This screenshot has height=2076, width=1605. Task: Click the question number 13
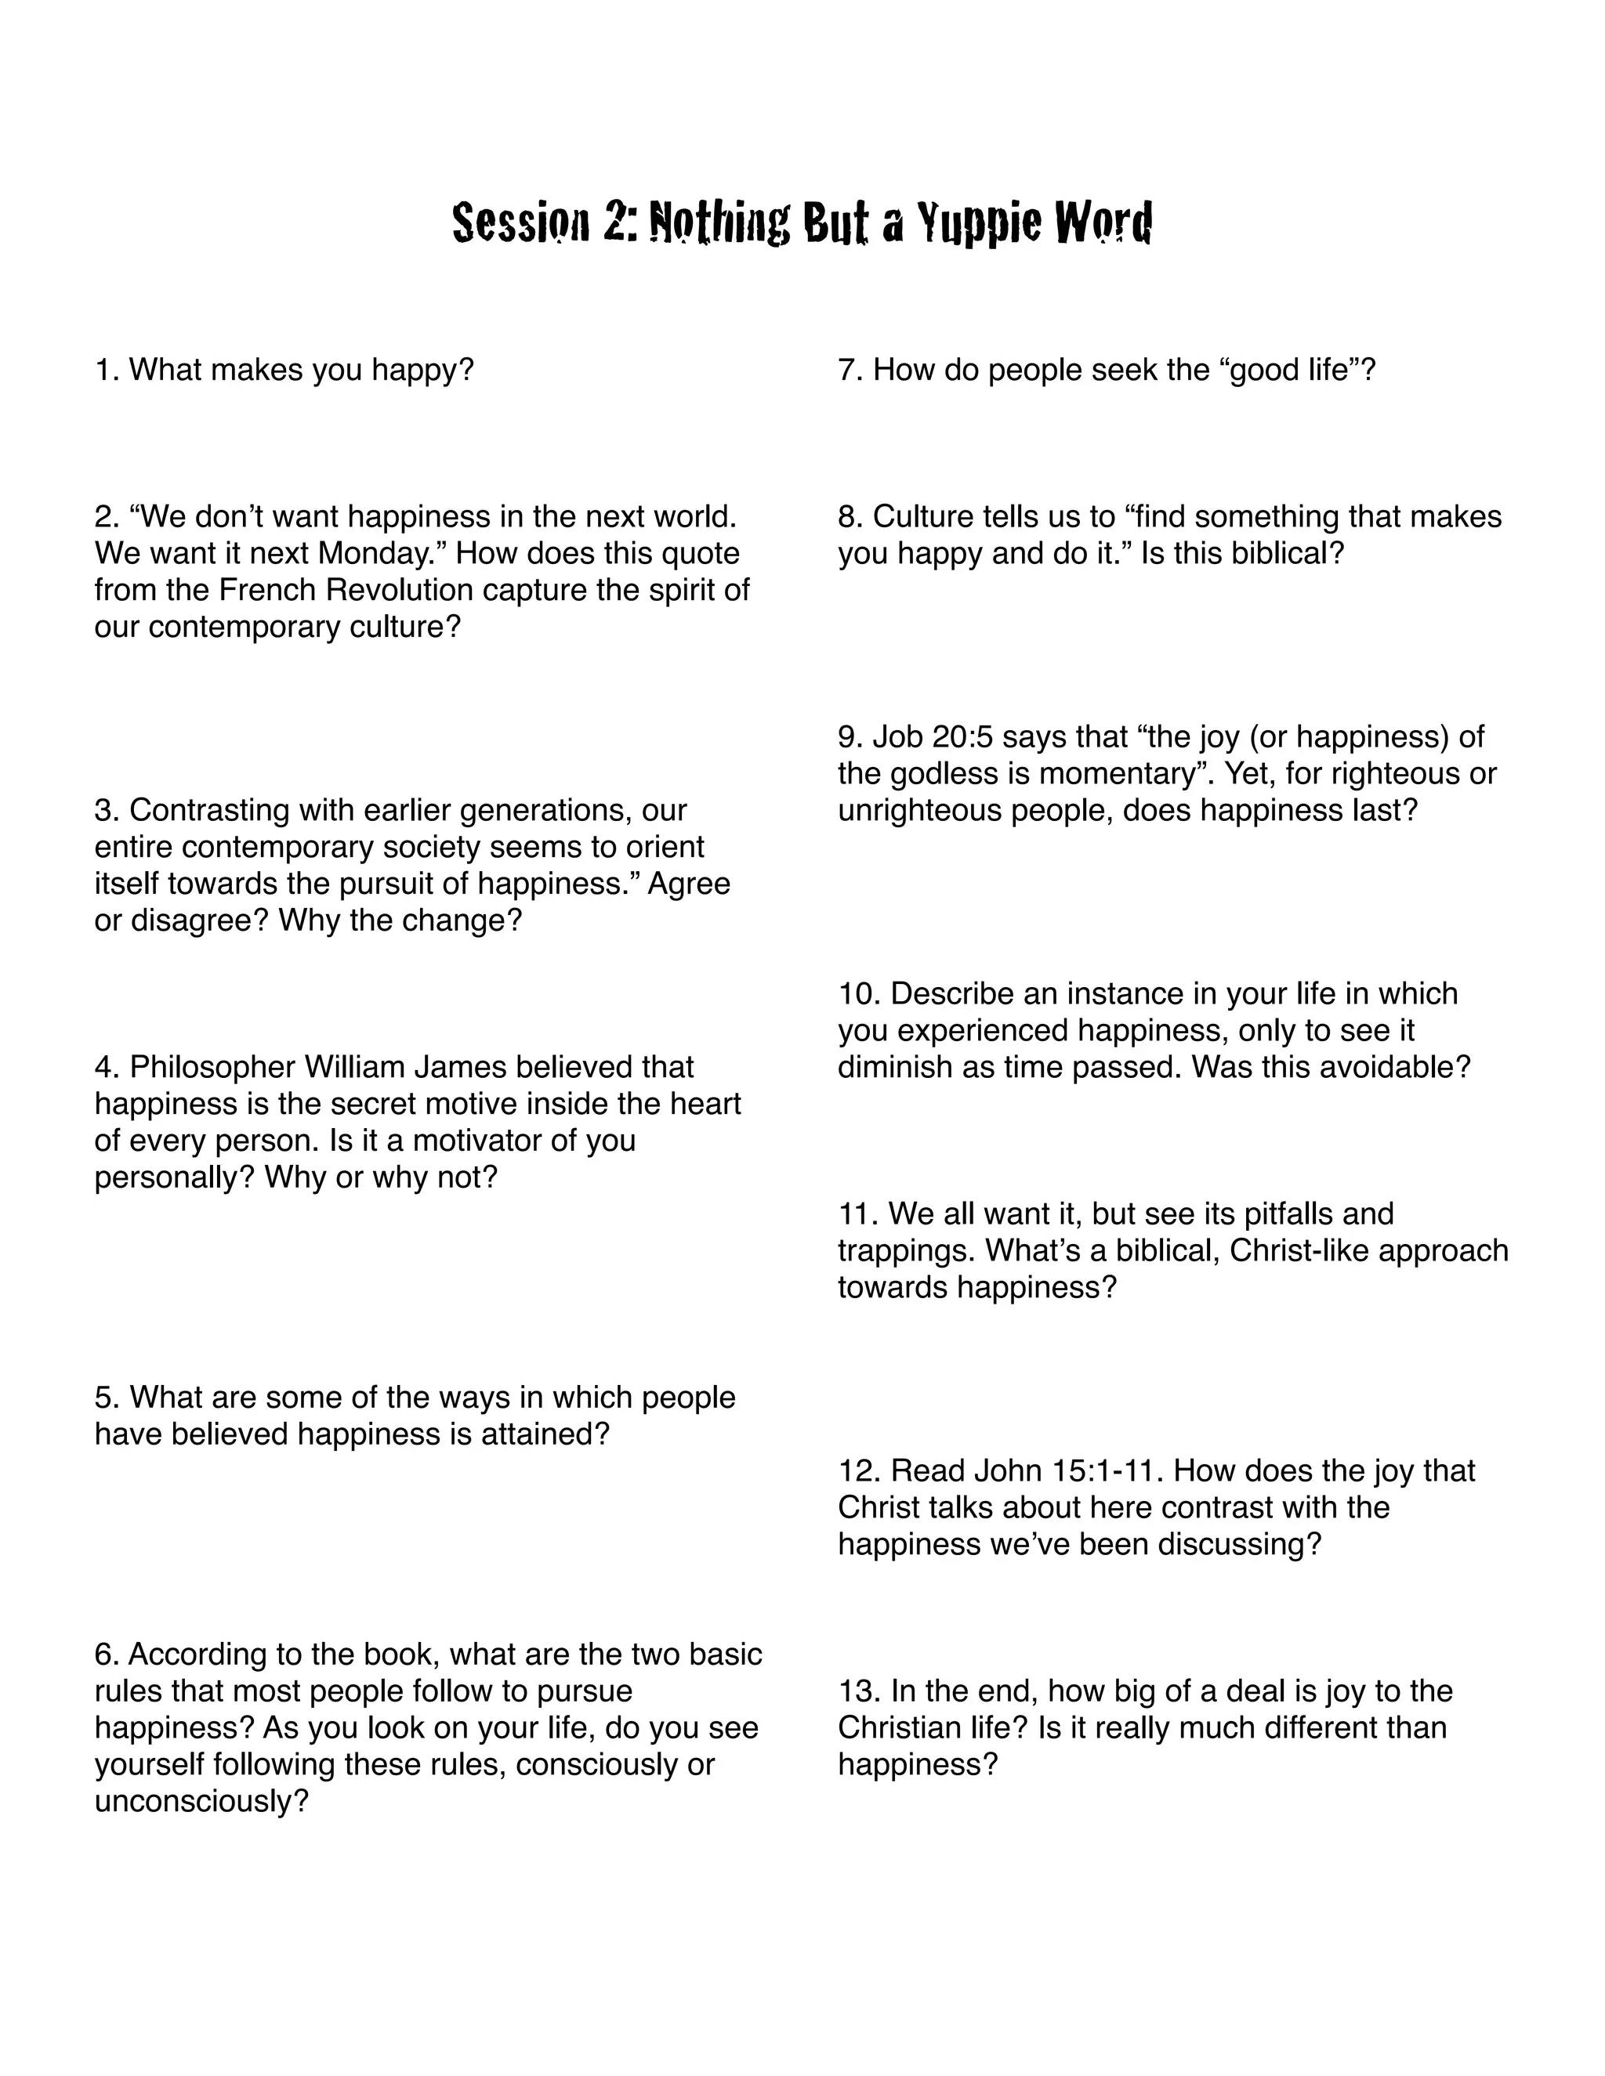coord(860,1691)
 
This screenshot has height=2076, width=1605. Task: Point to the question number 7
coord(849,370)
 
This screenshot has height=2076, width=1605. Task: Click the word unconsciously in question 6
coord(201,1801)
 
